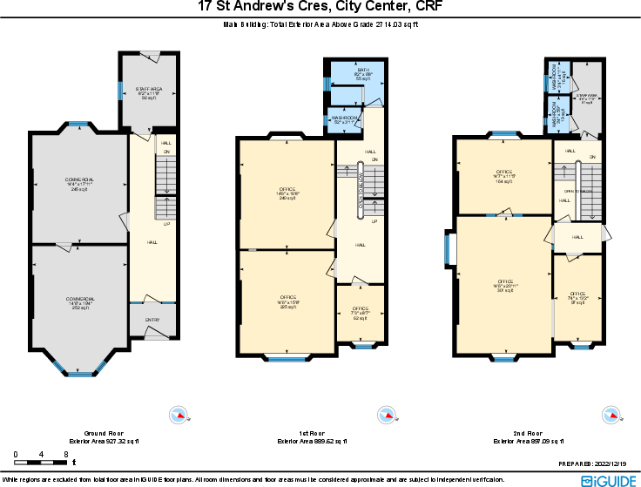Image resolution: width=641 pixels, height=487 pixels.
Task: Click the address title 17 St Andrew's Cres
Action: coord(320,7)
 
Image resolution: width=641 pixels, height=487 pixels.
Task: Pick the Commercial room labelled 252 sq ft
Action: coord(80,303)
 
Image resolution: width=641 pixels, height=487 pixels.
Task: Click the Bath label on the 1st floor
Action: coord(364,73)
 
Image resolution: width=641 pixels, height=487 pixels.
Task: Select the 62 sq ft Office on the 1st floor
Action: coord(361,313)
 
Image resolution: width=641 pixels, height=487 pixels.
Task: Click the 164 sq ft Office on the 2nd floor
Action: coord(504,177)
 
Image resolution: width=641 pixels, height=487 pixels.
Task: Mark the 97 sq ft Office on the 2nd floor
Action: coord(577,298)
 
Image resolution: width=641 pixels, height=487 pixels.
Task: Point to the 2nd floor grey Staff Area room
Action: coord(586,98)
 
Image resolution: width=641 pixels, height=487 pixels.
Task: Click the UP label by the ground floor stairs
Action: coord(167,225)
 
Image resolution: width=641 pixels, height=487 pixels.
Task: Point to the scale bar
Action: coord(42,456)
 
